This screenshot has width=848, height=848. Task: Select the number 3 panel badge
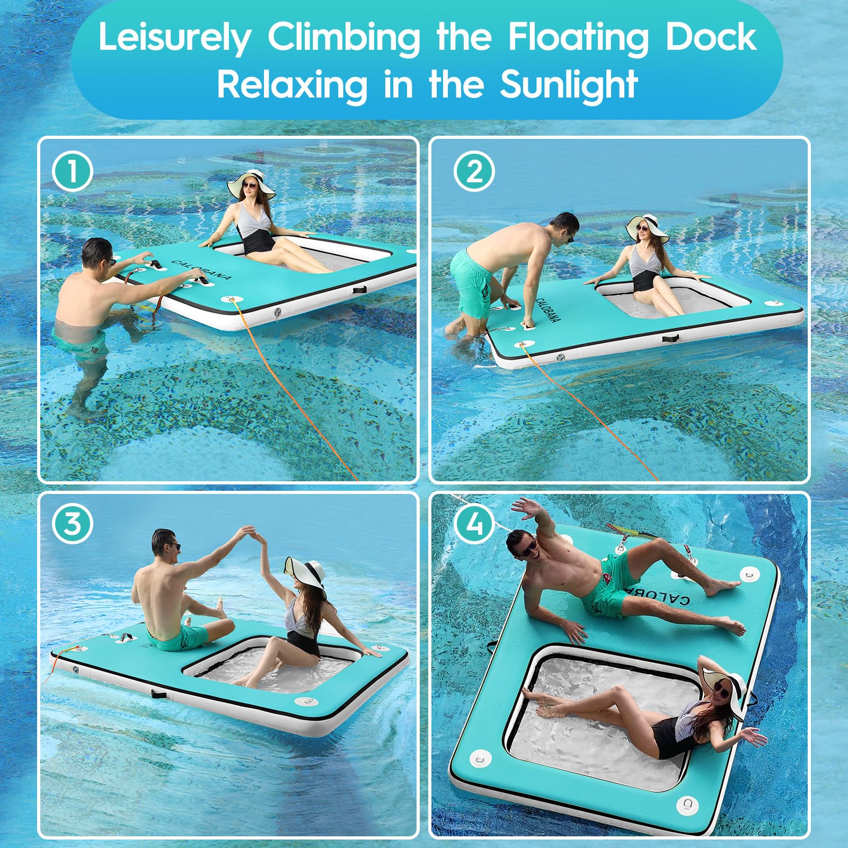click(x=73, y=523)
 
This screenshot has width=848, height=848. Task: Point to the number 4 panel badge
click(x=474, y=523)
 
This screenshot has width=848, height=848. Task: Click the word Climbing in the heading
click(x=343, y=38)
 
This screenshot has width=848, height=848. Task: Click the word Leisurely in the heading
click(x=174, y=39)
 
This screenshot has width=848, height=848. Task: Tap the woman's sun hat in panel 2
click(x=644, y=227)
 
